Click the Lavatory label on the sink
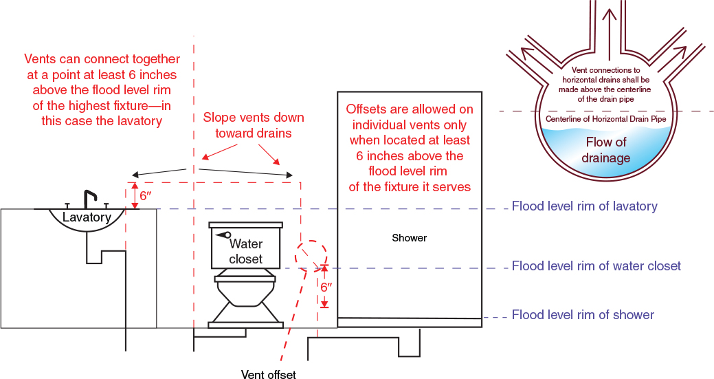point(87,217)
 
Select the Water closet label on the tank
point(246,251)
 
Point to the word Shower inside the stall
point(409,238)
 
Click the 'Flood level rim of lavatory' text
point(584,206)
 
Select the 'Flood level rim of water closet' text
point(596,266)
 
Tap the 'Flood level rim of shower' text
point(583,315)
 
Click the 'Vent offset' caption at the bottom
point(269,374)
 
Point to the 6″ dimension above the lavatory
point(145,195)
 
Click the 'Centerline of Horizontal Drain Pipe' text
point(605,119)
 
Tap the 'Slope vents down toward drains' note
point(254,124)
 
